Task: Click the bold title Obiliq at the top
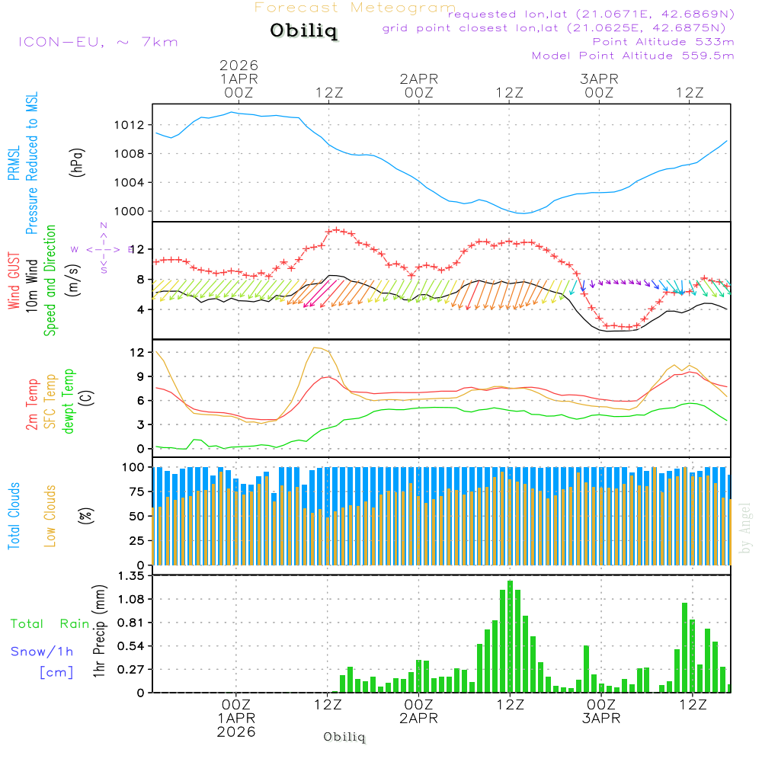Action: pyautogui.click(x=303, y=32)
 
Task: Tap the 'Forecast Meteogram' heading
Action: pyautogui.click(x=355, y=8)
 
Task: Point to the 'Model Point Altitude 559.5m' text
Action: pyautogui.click(x=632, y=56)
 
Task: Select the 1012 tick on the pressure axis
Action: pyautogui.click(x=133, y=125)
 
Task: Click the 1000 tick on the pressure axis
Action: pyautogui.click(x=133, y=211)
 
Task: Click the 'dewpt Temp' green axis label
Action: pyautogui.click(x=69, y=401)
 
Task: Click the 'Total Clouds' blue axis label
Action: pyautogui.click(x=14, y=516)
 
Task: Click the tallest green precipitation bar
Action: pyautogui.click(x=510, y=636)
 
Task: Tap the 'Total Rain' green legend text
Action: pyautogui.click(x=50, y=624)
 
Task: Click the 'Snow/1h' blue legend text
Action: pyautogui.click(x=42, y=652)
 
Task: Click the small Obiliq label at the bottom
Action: pyautogui.click(x=344, y=738)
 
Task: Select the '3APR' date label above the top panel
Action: pyautogui.click(x=599, y=78)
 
